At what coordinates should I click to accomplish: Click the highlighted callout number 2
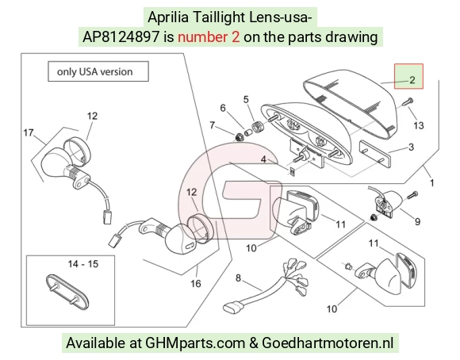pyautogui.click(x=412, y=80)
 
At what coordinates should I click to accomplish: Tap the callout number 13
pyautogui.click(x=419, y=125)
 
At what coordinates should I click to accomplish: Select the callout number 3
pyautogui.click(x=411, y=147)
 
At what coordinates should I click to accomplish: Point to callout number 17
pyautogui.click(x=29, y=132)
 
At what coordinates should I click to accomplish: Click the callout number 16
pyautogui.click(x=196, y=283)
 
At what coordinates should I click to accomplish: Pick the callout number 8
pyautogui.click(x=238, y=278)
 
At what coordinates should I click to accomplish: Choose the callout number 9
pyautogui.click(x=417, y=222)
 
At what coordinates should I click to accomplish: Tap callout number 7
pyautogui.click(x=212, y=125)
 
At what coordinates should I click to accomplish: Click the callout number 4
pyautogui.click(x=263, y=159)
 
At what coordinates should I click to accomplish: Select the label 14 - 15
pyautogui.click(x=83, y=264)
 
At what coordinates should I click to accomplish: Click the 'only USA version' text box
pyautogui.click(x=98, y=71)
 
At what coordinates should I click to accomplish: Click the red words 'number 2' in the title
pyautogui.click(x=209, y=37)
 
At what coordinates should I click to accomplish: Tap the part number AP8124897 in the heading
pyautogui.click(x=121, y=37)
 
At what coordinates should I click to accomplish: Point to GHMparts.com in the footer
pyautogui.click(x=195, y=343)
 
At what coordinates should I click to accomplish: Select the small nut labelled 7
pyautogui.click(x=239, y=136)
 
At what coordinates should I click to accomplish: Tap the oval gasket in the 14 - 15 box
pyautogui.click(x=67, y=292)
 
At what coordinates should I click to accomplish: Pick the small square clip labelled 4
pyautogui.click(x=292, y=171)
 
